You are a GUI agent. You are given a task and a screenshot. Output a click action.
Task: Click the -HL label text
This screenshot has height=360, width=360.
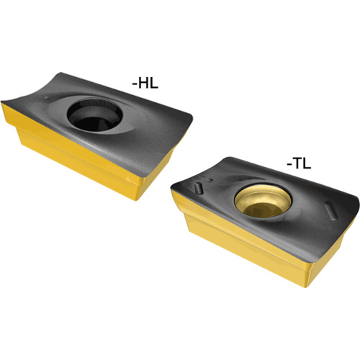tap(145, 84)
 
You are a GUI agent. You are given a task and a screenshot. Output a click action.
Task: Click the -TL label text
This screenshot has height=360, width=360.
tap(299, 163)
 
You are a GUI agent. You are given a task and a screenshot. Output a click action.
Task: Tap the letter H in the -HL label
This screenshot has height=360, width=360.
tap(143, 84)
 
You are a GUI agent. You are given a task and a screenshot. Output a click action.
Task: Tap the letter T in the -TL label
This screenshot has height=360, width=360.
tap(297, 163)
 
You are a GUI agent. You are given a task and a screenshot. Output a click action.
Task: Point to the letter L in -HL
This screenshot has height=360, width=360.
tap(154, 84)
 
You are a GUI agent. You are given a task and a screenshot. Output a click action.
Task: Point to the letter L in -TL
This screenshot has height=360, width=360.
tap(307, 163)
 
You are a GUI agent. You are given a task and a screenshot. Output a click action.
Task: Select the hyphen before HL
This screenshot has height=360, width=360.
tap(135, 84)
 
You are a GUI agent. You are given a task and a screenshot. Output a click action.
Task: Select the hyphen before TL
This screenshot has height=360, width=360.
tap(289, 165)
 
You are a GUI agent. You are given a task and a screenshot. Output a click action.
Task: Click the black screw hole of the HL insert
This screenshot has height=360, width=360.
tap(95, 116)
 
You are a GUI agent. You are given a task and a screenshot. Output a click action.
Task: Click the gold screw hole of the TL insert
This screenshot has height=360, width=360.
tap(263, 202)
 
